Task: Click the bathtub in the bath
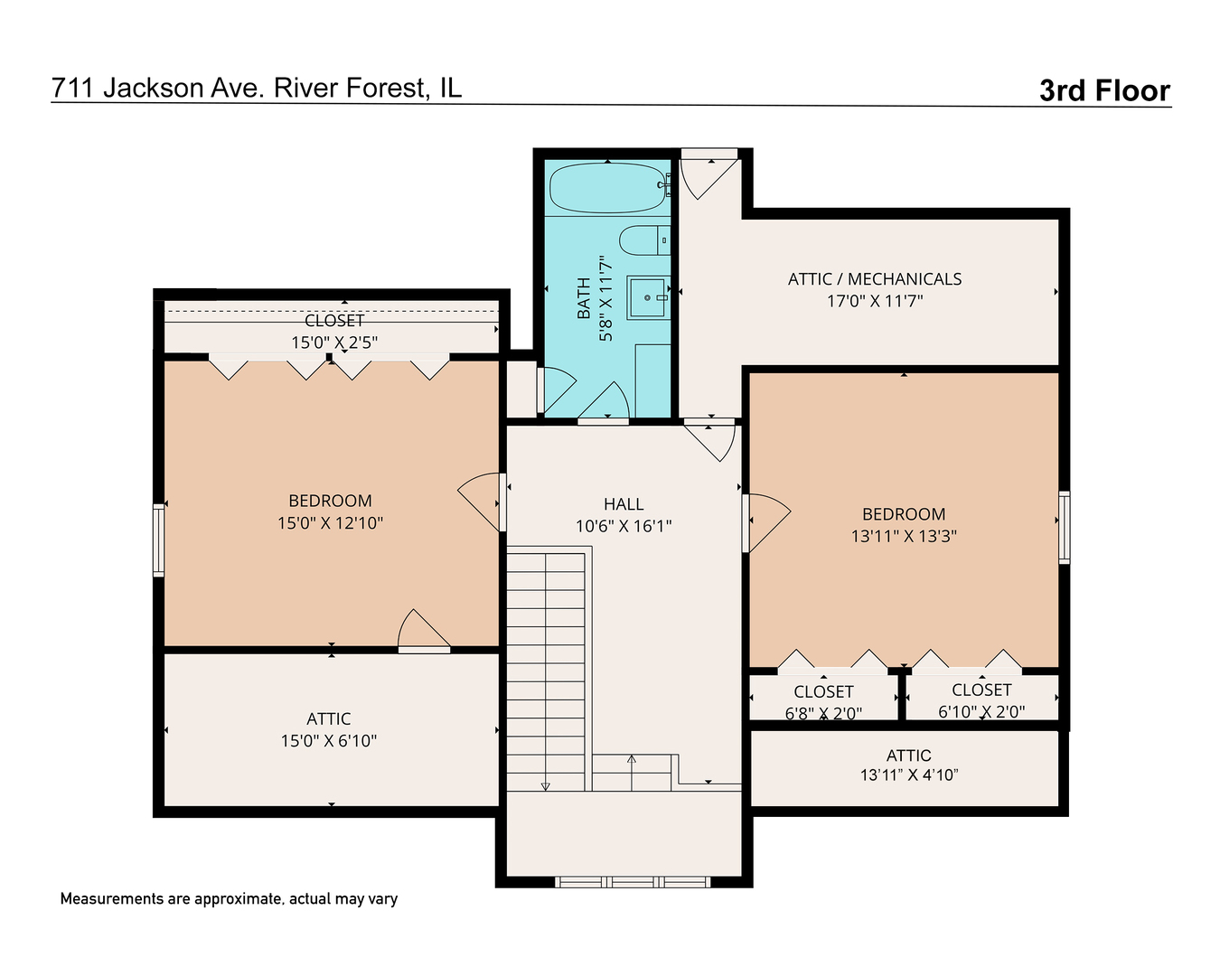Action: [608, 188]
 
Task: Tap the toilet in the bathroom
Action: [643, 241]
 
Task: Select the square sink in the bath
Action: [648, 297]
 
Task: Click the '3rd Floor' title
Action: [1103, 90]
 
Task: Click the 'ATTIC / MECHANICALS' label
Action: [874, 279]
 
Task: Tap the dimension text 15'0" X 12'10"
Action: [330, 522]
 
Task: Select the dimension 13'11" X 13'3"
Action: [903, 536]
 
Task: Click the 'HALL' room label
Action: [624, 504]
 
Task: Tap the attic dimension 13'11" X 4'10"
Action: [908, 774]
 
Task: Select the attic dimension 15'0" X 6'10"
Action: [328, 741]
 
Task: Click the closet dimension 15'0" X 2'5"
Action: [333, 343]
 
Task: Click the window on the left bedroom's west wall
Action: [159, 540]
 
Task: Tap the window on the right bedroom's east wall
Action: [1064, 527]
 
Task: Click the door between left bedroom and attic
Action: [424, 633]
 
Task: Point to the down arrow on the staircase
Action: [545, 785]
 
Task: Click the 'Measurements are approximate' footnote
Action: [229, 899]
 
